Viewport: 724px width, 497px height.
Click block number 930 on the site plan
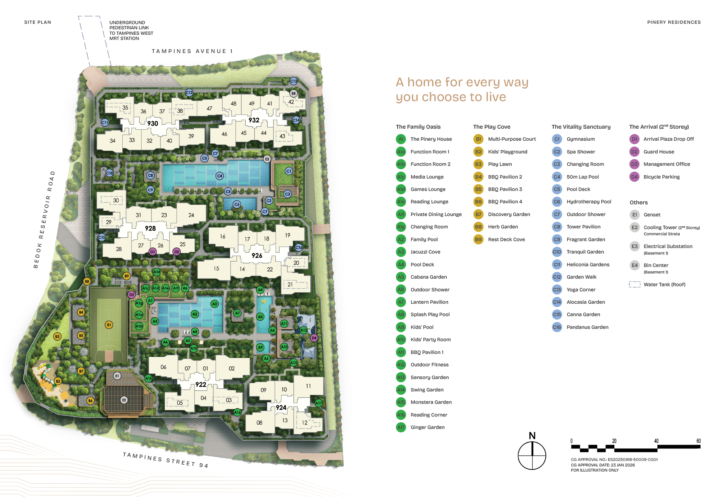tap(153, 123)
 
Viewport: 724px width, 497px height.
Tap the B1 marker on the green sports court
tap(109, 325)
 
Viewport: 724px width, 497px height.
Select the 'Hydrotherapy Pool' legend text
tap(589, 202)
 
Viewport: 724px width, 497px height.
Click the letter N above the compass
tap(532, 436)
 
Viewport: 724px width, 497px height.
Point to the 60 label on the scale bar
tap(698, 441)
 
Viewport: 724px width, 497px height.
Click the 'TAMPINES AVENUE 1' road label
tap(192, 51)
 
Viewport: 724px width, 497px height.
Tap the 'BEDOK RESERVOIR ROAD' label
tap(44, 219)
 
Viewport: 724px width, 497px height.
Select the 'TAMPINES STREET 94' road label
tap(165, 460)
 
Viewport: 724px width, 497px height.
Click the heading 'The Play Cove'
tap(491, 127)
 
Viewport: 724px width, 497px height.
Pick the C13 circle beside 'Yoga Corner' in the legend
tap(557, 290)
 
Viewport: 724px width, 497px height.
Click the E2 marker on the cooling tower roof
tap(124, 400)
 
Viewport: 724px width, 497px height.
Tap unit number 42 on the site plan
tap(291, 102)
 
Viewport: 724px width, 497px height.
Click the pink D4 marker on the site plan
tap(314, 338)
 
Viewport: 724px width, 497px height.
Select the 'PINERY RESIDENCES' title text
tap(674, 22)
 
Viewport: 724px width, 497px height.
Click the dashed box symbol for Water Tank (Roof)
tap(634, 284)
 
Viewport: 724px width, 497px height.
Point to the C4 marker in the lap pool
tap(220, 176)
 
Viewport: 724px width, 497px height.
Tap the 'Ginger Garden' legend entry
tap(427, 427)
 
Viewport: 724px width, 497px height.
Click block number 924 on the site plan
tap(281, 408)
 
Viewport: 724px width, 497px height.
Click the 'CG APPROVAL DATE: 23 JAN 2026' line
tap(603, 465)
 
